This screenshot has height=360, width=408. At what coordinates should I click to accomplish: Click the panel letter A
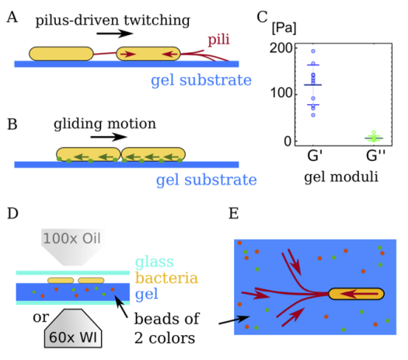pos(12,18)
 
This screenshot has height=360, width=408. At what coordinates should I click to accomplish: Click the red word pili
pos(218,40)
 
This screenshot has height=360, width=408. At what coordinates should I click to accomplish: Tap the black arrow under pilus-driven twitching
pos(114,33)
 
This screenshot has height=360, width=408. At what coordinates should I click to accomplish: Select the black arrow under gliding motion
pos(109,137)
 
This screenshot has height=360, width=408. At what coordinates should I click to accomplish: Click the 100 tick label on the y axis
pos(281,93)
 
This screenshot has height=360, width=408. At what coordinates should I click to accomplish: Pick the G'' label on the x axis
pos(375,156)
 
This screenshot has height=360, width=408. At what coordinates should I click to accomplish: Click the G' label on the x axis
pos(315,156)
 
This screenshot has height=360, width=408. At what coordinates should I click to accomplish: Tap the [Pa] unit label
pos(284,28)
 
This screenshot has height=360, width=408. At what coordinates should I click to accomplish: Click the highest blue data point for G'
pos(313,51)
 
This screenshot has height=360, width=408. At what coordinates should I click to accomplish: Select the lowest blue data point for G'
pos(313,115)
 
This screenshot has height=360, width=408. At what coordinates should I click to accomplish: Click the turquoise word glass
pos(155,262)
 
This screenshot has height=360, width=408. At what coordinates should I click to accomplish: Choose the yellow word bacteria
pos(166,278)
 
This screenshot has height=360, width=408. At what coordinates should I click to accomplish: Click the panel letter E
pos(233,214)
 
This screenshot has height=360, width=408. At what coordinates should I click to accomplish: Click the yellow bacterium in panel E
pos(356,294)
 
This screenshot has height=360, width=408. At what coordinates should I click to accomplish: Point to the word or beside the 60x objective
pos(40,317)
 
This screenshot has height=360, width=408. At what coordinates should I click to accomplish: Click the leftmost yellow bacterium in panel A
pos(61,54)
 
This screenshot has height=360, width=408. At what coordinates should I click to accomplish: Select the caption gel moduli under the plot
pos(341,177)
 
